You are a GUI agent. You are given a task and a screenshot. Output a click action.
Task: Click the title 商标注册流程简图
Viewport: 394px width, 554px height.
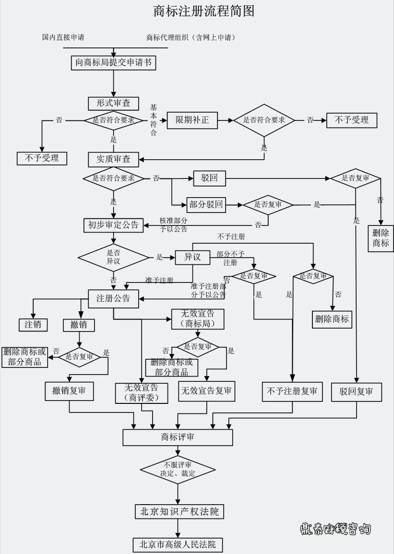coord(203,12)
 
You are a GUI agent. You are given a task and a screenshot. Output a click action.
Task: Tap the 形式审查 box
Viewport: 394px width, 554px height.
coord(113,104)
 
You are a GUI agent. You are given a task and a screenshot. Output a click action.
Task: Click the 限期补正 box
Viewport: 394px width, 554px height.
coord(192,120)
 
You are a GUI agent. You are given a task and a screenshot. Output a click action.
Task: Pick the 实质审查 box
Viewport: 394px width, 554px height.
coord(113,159)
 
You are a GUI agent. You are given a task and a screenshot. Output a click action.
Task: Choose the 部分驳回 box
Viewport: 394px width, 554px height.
coord(206,205)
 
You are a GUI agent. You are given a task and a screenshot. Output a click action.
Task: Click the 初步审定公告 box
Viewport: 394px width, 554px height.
coord(113,224)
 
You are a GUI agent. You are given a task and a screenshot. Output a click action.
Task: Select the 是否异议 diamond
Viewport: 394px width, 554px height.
coord(113,258)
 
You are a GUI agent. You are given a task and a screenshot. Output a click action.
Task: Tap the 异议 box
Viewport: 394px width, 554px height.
coord(192,258)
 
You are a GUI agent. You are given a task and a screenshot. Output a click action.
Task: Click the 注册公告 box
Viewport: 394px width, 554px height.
coord(113,298)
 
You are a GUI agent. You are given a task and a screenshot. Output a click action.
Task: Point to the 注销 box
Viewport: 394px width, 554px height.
coord(33,325)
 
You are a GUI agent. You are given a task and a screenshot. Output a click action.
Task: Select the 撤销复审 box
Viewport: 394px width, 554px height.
coord(69,391)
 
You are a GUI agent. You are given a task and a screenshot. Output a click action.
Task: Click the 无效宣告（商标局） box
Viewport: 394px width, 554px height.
coord(198,319)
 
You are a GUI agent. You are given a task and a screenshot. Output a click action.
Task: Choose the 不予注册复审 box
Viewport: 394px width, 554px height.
coord(292,391)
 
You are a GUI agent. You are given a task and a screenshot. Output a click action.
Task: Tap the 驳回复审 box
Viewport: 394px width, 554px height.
coord(356,391)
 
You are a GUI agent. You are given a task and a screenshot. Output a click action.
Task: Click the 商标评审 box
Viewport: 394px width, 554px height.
coord(178,437)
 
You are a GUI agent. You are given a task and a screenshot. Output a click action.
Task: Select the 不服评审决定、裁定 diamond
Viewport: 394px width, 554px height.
coord(178,469)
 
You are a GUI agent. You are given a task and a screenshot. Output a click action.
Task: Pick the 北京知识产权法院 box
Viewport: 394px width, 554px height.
coord(179,512)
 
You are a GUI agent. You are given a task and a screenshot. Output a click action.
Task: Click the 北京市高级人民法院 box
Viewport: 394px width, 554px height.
coord(178,545)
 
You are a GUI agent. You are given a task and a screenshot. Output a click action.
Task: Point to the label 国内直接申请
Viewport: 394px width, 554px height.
coord(63,37)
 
